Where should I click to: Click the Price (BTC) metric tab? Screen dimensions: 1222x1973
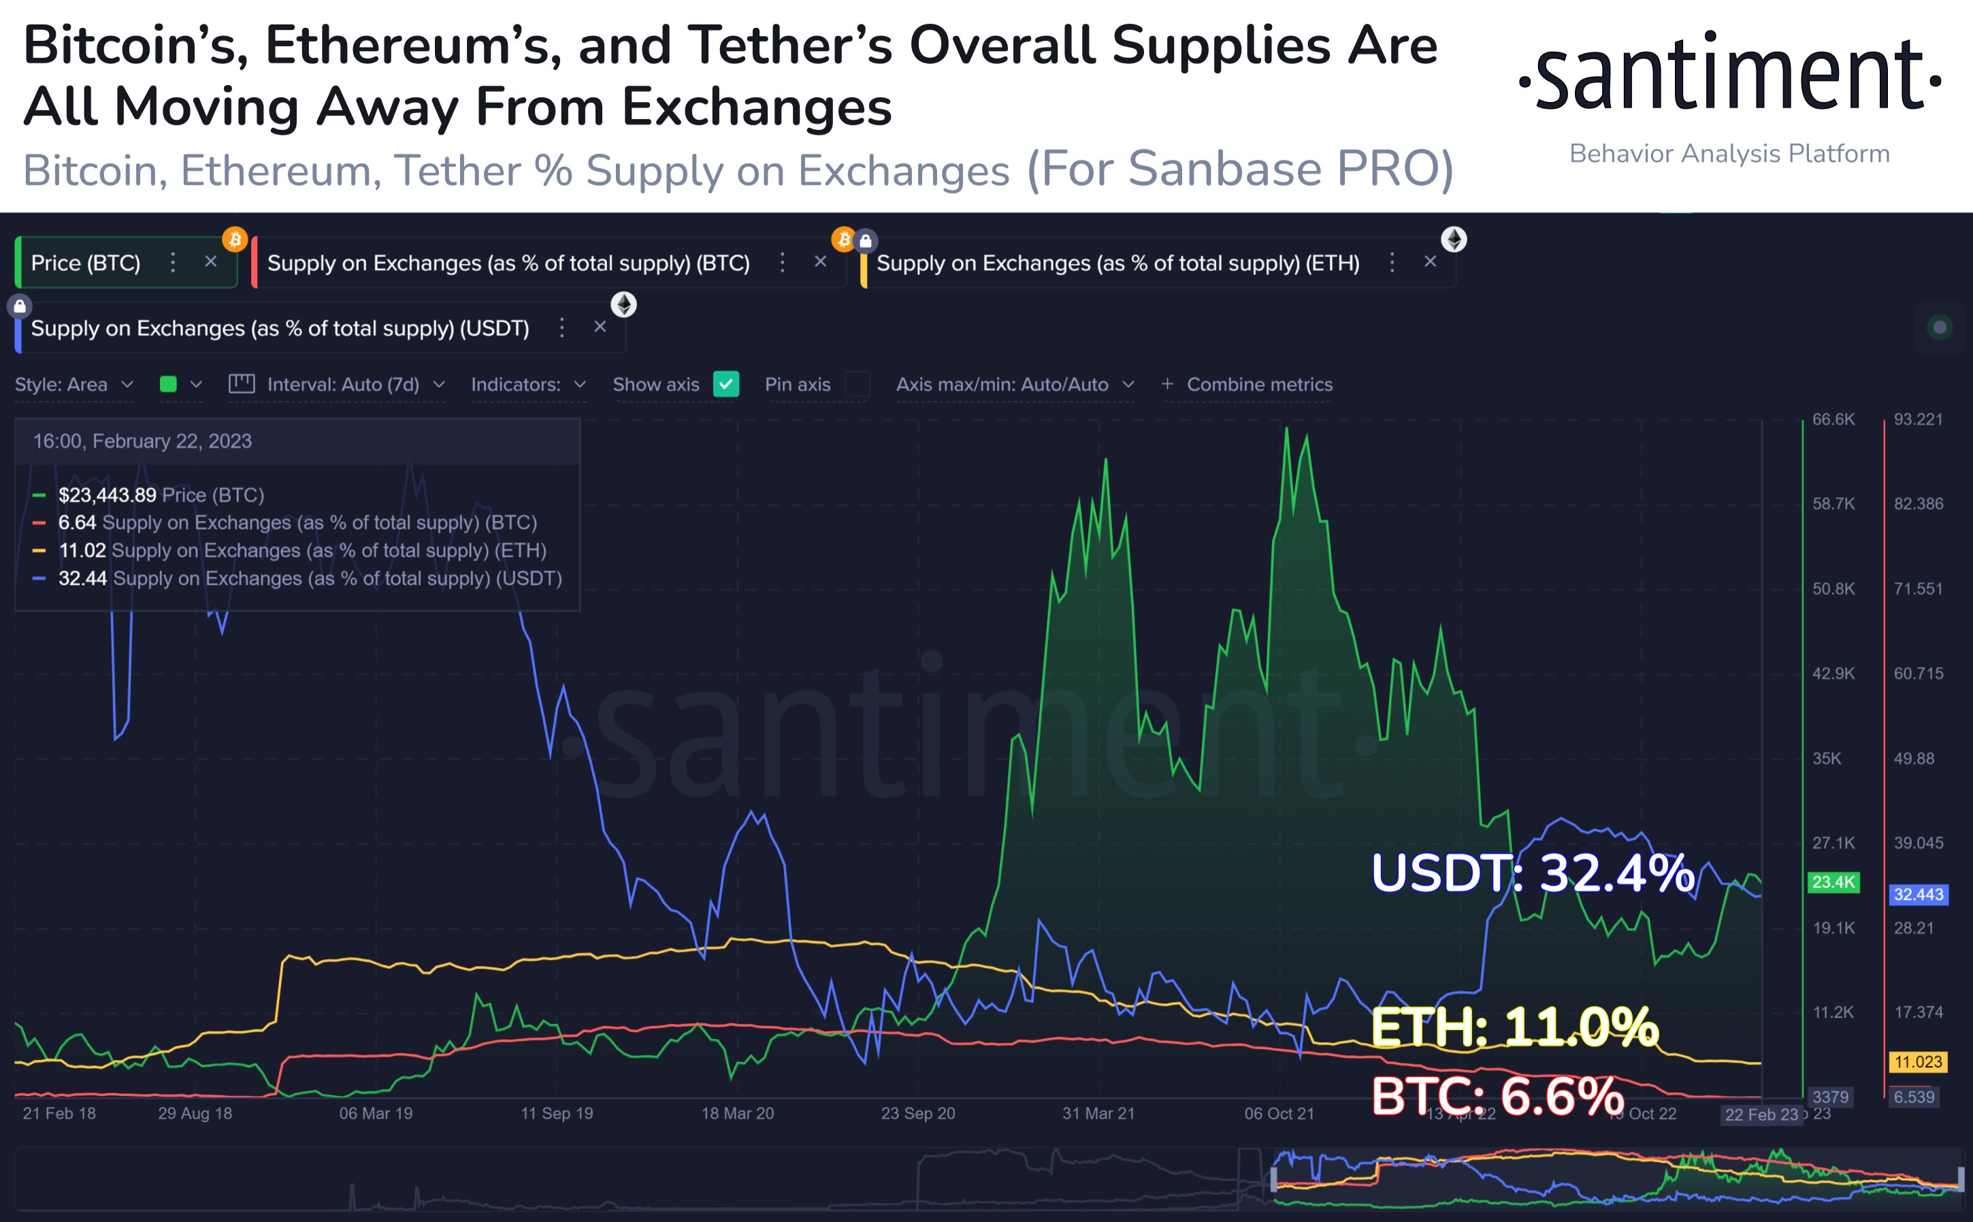[86, 263]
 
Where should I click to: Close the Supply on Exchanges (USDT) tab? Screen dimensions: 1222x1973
[600, 327]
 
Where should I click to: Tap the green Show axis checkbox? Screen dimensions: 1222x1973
[725, 384]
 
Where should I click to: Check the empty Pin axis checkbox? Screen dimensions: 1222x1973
[856, 384]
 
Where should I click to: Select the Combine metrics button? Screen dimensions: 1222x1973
[1248, 385]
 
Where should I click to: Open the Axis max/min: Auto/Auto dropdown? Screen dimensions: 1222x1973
[1014, 385]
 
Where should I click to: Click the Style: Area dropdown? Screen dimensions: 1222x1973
[73, 385]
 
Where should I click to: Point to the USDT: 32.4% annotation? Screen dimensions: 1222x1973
[1532, 873]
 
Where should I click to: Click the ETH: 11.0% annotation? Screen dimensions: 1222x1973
[1514, 1027]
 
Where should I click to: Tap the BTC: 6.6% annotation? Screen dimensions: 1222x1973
[1497, 1096]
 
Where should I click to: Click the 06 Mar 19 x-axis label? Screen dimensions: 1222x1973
[376, 1114]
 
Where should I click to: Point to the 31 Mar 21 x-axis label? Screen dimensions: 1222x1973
[1098, 1114]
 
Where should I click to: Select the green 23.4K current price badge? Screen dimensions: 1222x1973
[1833, 882]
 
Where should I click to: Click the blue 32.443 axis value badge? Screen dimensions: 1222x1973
[1918, 895]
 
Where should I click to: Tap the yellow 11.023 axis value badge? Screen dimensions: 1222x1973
[1918, 1062]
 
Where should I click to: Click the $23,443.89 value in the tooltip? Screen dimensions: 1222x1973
[107, 495]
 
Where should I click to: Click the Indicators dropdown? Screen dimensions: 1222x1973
[527, 385]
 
